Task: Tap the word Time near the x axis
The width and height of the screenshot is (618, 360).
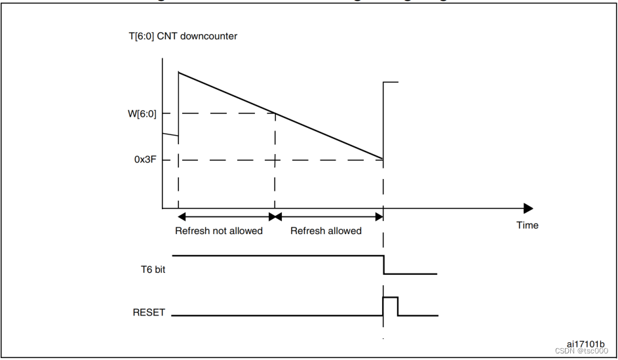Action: (527, 225)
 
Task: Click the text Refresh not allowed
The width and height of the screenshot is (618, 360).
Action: (218, 231)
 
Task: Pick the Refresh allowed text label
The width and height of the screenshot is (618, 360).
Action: (326, 231)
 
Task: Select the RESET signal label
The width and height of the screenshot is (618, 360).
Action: (149, 313)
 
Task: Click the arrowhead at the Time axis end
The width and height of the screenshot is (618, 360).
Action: (528, 209)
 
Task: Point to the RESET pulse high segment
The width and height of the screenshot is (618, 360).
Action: (391, 298)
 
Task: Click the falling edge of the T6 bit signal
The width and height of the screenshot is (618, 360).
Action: (383, 264)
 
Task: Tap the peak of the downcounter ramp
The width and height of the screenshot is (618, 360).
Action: (179, 71)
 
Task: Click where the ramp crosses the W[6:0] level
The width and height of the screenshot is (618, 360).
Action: (275, 113)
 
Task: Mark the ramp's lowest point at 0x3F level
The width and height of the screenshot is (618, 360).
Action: (383, 159)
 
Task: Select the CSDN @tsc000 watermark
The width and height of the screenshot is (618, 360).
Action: (581, 351)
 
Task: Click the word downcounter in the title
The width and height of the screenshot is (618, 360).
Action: (212, 36)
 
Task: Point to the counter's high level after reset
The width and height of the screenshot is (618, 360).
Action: (391, 82)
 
